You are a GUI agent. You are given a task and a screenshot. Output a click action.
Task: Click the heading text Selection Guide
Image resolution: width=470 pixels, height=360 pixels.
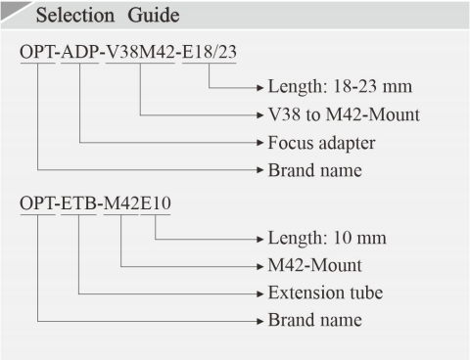pyautogui.click(x=98, y=17)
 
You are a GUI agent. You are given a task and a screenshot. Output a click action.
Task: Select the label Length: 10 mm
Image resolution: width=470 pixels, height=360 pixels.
pyautogui.click(x=326, y=239)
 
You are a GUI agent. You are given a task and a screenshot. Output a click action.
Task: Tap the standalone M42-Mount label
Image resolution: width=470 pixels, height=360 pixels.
pyautogui.click(x=315, y=265)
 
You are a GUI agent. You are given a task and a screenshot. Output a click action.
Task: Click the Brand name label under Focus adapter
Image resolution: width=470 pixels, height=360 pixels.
pyautogui.click(x=314, y=169)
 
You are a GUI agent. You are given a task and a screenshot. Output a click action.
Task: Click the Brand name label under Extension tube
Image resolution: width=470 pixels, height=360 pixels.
pyautogui.click(x=314, y=320)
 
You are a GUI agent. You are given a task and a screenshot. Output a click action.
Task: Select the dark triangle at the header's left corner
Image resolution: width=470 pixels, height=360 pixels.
pyautogui.click(x=9, y=8)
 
